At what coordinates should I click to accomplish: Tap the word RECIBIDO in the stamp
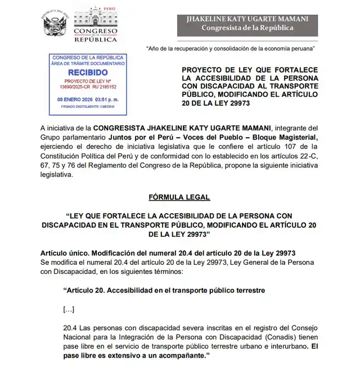coord(84,73)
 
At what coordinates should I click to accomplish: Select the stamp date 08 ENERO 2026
coord(73,99)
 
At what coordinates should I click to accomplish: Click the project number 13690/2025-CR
coord(66,87)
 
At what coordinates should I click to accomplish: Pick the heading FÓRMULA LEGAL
coord(179,197)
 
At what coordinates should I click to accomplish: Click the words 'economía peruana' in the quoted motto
coord(286,48)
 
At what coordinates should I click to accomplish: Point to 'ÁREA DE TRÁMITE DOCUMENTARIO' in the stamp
coord(84,65)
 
